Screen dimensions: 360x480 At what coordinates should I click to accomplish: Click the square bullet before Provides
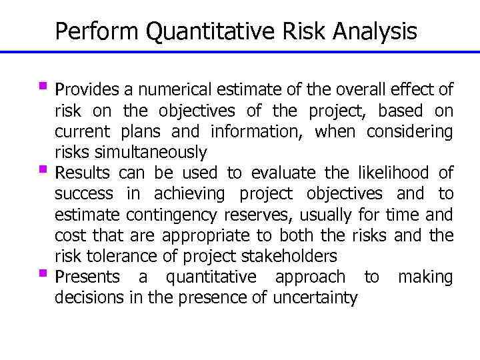[x=45, y=86]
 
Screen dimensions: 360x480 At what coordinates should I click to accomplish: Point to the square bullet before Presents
[x=45, y=273]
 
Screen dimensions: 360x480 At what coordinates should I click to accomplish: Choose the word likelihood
[x=383, y=173]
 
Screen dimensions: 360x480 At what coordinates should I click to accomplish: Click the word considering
[x=409, y=131]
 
